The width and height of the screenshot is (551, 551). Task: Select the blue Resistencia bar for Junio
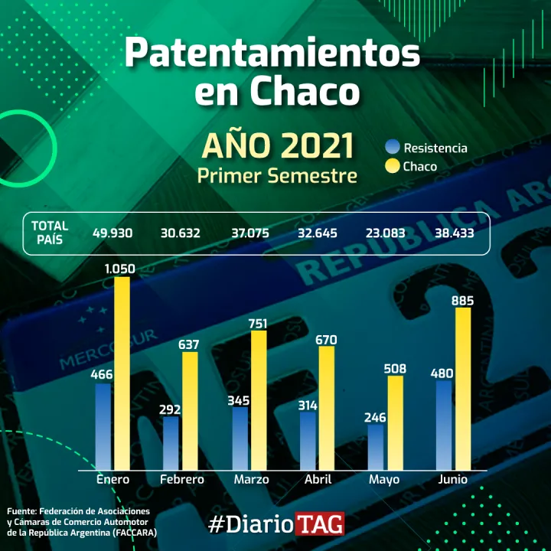pyautogui.click(x=443, y=425)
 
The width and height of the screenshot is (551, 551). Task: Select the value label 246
pyautogui.click(x=375, y=416)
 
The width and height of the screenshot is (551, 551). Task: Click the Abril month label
pyautogui.click(x=318, y=480)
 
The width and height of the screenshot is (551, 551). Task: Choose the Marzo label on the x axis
pyautogui.click(x=251, y=480)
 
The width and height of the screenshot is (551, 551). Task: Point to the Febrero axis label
pyautogui.click(x=182, y=480)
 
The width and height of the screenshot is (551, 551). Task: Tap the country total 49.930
pyautogui.click(x=112, y=233)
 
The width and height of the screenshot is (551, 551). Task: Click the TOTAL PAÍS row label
pyautogui.click(x=50, y=232)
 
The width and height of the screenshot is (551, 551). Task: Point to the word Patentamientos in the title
pyautogui.click(x=272, y=54)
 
